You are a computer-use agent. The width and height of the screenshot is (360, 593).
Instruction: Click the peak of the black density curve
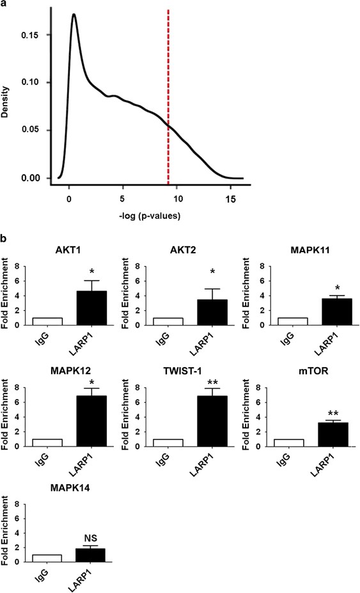74,15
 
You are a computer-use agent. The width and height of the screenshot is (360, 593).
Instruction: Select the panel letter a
6,5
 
